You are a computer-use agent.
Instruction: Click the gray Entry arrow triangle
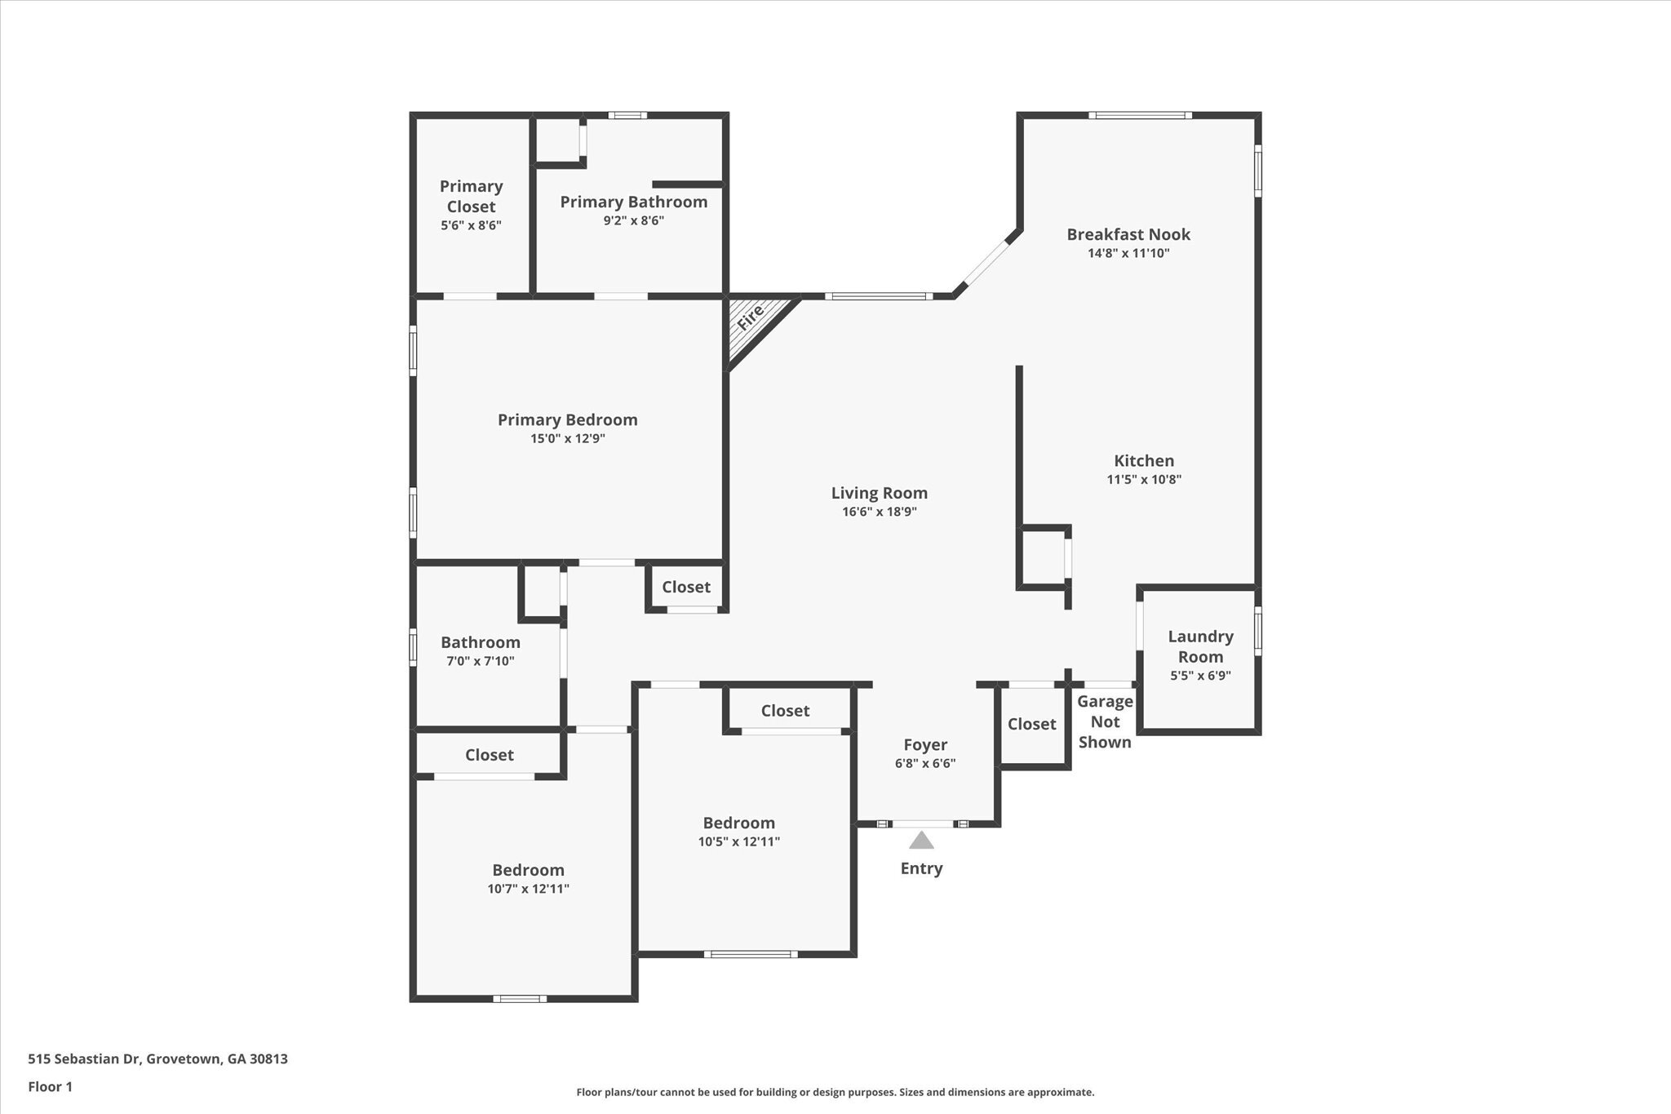(921, 841)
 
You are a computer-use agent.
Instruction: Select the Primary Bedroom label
(568, 419)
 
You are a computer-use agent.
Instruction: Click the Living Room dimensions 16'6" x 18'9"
(880, 512)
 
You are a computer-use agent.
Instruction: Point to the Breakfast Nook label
(1128, 234)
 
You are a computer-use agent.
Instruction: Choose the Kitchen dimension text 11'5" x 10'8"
(1144, 480)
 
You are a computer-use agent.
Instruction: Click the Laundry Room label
(1200, 646)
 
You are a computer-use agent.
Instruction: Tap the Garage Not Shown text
(1105, 721)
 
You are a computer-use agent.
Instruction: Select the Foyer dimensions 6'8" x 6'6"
(925, 764)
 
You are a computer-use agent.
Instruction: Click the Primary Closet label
(471, 196)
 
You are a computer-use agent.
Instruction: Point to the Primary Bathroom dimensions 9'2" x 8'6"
(634, 220)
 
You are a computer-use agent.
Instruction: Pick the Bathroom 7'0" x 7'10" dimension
(481, 661)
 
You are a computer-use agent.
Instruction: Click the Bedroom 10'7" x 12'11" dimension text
(529, 889)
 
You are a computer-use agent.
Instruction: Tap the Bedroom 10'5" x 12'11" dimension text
(739, 841)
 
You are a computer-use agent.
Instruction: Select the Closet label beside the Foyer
(1032, 724)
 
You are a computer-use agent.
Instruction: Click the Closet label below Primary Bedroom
(686, 587)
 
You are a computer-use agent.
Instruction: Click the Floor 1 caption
(51, 1086)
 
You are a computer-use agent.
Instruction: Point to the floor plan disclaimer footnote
(835, 1092)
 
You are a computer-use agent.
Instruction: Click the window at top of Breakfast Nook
(1140, 115)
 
